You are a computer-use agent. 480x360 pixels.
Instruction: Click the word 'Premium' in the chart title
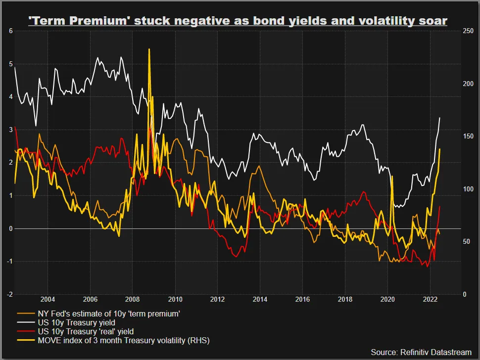click(98, 21)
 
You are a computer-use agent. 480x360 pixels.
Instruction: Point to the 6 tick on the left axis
click(11, 31)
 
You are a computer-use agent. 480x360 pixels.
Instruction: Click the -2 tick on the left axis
click(10, 294)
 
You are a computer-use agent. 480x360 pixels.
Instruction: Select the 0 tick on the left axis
click(11, 228)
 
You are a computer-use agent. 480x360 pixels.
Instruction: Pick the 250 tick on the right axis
click(468, 31)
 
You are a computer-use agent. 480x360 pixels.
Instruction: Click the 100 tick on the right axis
click(468, 189)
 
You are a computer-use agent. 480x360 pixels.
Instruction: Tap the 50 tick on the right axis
click(467, 242)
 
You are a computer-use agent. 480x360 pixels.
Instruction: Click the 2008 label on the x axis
click(133, 300)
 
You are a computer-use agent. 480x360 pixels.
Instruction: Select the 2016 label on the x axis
click(302, 300)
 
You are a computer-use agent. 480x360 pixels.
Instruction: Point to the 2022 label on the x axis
click(430, 300)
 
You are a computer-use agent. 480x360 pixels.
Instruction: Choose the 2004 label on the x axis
click(48, 300)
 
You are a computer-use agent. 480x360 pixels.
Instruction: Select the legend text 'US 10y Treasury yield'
click(77, 323)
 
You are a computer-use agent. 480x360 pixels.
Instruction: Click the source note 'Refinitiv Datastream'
click(436, 353)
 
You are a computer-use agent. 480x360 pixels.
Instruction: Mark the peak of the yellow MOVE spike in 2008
click(149, 49)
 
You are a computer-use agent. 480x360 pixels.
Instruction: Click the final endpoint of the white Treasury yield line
click(439, 118)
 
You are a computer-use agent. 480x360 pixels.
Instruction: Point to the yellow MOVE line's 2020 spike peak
click(392, 176)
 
